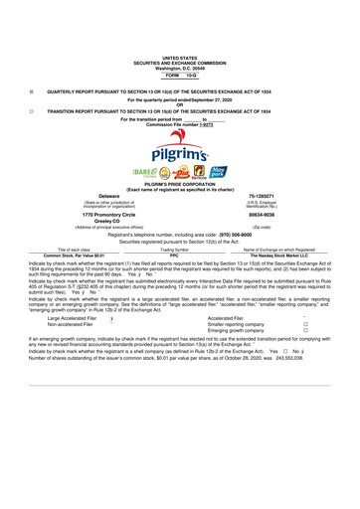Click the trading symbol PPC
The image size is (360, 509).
pos(174,255)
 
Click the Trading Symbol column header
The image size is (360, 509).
pos(174,250)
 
